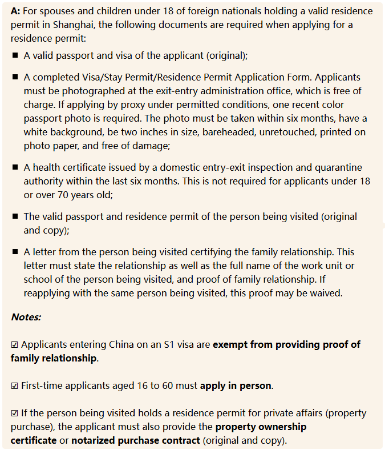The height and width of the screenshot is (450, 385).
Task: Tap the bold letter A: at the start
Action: click(x=15, y=11)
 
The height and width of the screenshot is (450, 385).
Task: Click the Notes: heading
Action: click(x=26, y=316)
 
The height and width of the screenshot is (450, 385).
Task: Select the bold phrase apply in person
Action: click(x=235, y=385)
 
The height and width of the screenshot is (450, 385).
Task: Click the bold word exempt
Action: click(x=229, y=345)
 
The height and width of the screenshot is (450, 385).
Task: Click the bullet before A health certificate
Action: click(x=15, y=167)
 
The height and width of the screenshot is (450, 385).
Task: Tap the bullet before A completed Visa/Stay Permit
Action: click(x=15, y=77)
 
